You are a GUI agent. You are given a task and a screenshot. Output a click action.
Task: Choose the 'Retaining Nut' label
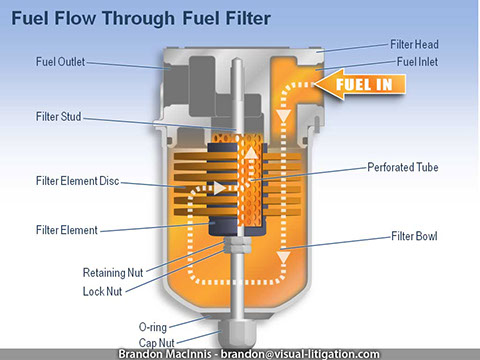tap(111, 272)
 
